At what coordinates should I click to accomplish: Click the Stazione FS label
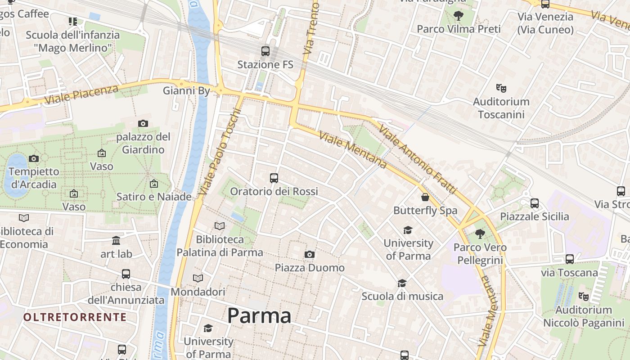(x=265, y=65)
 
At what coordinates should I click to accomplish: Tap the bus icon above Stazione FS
(x=265, y=51)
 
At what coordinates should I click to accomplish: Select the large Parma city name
(x=259, y=315)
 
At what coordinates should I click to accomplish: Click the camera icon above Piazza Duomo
(x=309, y=255)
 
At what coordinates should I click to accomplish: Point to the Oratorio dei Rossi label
(x=274, y=192)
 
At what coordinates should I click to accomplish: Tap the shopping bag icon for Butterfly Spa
(x=425, y=197)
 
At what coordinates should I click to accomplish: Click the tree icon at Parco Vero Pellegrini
(x=480, y=234)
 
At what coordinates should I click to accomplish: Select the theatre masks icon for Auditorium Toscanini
(x=501, y=88)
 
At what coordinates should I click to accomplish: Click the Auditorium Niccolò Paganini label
(x=584, y=316)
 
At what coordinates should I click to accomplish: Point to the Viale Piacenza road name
(x=81, y=94)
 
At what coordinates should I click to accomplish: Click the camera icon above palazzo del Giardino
(x=143, y=123)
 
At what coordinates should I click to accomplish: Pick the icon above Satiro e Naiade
(x=154, y=184)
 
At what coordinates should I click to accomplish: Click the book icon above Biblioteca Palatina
(x=220, y=226)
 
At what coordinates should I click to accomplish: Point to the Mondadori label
(x=198, y=292)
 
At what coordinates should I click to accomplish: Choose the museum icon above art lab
(x=116, y=240)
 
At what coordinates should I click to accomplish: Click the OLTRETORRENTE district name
(x=75, y=317)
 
